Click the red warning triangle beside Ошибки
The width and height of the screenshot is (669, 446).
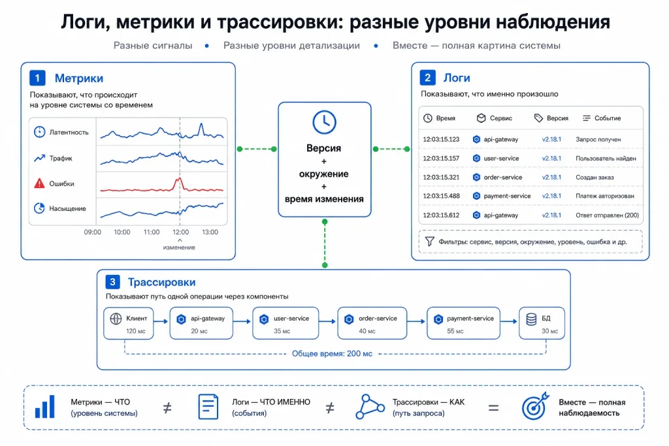click(39, 183)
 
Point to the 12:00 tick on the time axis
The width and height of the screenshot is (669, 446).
click(180, 232)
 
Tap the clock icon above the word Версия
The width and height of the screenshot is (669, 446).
click(324, 122)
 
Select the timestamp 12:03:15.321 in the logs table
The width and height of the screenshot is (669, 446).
click(441, 178)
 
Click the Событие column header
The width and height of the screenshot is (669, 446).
click(608, 118)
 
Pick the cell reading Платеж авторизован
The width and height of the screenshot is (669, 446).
click(605, 196)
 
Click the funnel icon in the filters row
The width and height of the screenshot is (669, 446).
click(430, 242)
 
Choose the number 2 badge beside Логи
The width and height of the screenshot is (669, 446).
click(427, 78)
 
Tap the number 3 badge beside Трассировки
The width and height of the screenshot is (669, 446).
click(112, 282)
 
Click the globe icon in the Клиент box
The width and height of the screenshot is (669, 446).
click(116, 319)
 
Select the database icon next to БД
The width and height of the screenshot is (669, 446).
click(531, 319)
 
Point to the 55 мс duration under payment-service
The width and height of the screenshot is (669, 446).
click(455, 331)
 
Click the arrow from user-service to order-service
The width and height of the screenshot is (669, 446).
click(327, 321)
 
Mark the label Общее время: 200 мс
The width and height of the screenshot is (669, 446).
click(332, 353)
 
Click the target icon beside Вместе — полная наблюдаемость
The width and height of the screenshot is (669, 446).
click(535, 406)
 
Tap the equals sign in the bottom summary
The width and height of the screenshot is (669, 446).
click(494, 408)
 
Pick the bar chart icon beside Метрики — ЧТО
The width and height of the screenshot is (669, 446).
click(45, 406)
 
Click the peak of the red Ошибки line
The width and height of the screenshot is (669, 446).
click(180, 178)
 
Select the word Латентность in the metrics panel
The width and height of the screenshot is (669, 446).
click(69, 132)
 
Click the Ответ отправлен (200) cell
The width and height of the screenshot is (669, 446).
click(607, 215)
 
